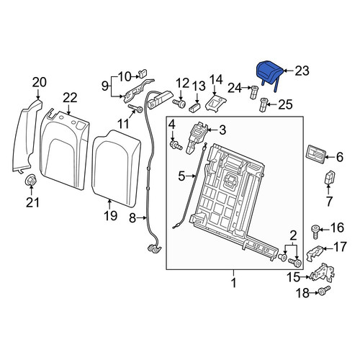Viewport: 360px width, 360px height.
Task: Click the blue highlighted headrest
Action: pyautogui.click(x=269, y=73)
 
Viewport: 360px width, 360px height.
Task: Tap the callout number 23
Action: pyautogui.click(x=302, y=71)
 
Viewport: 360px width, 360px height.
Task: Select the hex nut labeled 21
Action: pyautogui.click(x=31, y=180)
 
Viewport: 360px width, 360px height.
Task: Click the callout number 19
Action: pyautogui.click(x=111, y=215)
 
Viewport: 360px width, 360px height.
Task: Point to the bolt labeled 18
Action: pyautogui.click(x=324, y=290)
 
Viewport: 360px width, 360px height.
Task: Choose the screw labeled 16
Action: pyautogui.click(x=315, y=231)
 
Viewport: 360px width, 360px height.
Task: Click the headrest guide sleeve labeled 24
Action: pyautogui.click(x=253, y=92)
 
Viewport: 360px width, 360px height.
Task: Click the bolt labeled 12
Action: pyautogui.click(x=179, y=104)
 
